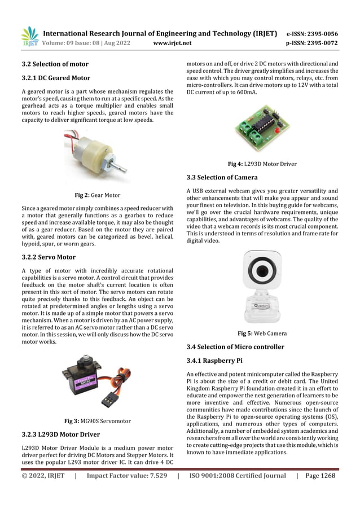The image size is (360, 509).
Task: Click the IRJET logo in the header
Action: point(29,36)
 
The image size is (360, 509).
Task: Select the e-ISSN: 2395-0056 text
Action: point(312,33)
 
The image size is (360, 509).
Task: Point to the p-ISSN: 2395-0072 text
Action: point(312,43)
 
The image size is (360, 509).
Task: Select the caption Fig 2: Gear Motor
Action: point(98,195)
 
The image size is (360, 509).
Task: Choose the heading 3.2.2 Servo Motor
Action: point(49,257)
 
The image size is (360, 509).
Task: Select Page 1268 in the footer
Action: point(320,476)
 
